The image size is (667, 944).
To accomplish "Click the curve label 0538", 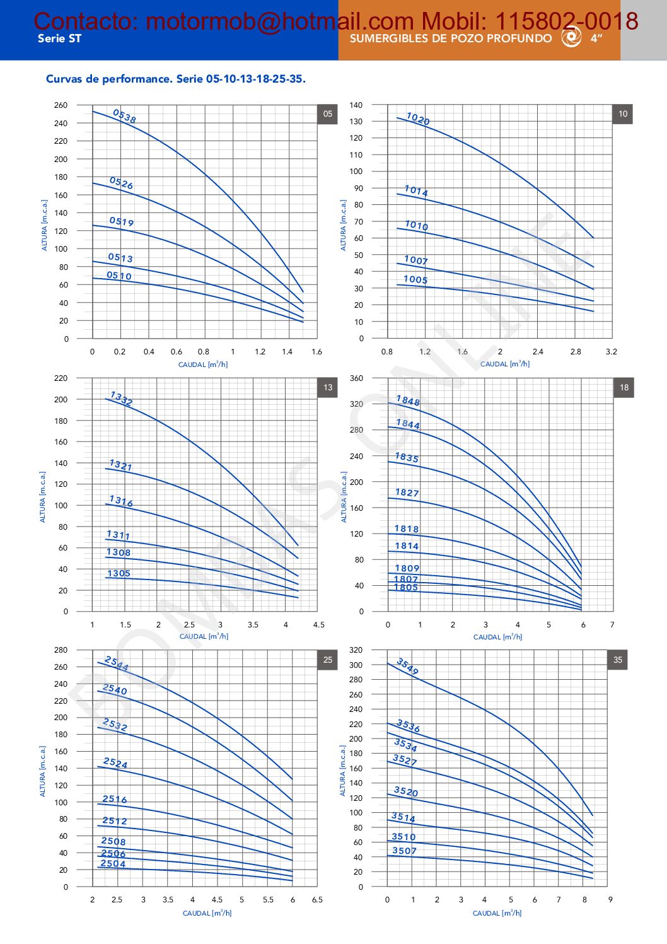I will [124, 116].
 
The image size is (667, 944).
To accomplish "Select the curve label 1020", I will [417, 119].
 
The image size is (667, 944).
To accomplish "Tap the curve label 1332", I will [121, 399].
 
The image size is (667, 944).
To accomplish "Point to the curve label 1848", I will [408, 400].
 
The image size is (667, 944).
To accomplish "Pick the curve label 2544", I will [117, 663].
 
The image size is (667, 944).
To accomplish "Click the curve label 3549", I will [407, 666].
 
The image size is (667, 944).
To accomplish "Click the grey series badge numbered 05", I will [327, 114].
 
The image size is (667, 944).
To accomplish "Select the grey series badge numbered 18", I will [623, 387].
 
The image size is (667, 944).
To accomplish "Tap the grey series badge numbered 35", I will [617, 660].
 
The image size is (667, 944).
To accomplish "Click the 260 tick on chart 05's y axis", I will [61, 105].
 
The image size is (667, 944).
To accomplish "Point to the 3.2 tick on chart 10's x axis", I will [611, 352].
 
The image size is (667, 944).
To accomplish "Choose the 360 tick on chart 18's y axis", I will [357, 378].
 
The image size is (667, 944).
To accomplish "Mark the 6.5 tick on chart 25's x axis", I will [317, 899].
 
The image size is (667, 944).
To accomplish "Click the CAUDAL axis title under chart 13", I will [204, 636].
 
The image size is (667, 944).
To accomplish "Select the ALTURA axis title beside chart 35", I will [343, 771].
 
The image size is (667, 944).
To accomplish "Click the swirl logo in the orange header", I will [571, 38].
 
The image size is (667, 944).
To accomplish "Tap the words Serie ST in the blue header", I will [59, 38].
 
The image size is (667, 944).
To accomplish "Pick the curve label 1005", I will [415, 279].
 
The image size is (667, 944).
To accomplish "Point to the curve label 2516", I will [115, 799].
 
